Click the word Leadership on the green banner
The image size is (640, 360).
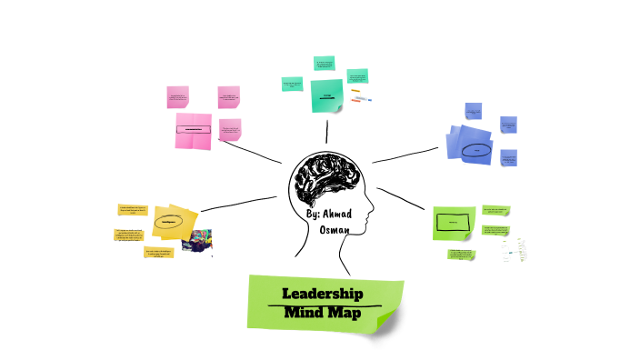tap(323, 294)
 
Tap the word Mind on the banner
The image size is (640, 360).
tap(304, 315)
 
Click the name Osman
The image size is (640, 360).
tap(337, 231)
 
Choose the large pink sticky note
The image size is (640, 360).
tap(194, 131)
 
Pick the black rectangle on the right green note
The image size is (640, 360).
tap(452, 221)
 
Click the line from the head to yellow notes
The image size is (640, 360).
tap(238, 203)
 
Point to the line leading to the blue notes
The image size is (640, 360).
tap(409, 155)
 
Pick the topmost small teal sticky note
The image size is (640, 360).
tap(326, 64)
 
